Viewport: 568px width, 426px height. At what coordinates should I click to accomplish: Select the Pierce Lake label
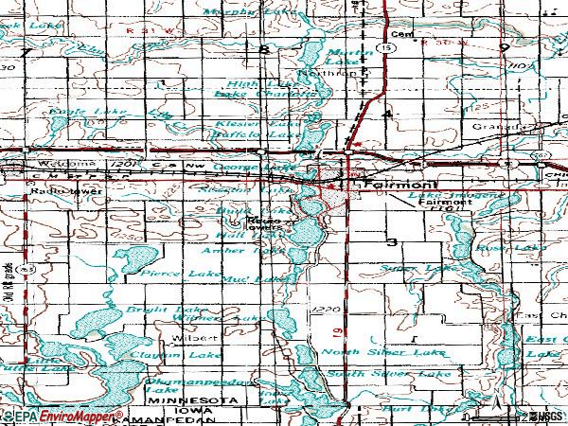click(x=168, y=273)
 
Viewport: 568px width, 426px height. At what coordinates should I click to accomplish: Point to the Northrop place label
click(x=317, y=72)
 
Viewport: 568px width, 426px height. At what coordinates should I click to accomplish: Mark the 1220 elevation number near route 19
click(x=324, y=310)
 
